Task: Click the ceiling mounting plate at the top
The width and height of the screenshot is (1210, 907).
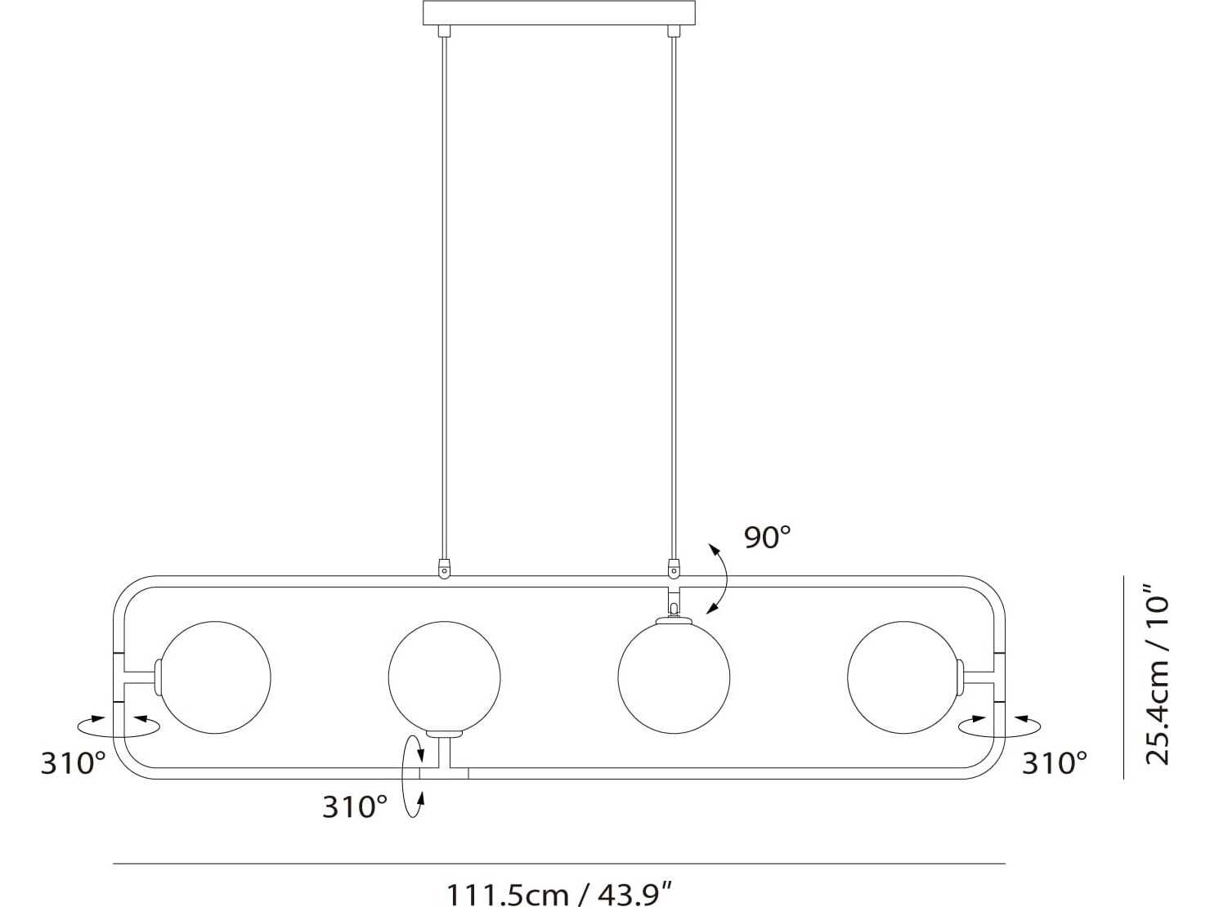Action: point(558,13)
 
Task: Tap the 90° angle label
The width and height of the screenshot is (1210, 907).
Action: point(768,538)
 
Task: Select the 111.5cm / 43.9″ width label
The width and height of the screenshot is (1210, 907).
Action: point(559,895)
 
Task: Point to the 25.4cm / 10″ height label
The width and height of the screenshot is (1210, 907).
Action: point(1157,674)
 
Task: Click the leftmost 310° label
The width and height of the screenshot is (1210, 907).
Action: point(74,764)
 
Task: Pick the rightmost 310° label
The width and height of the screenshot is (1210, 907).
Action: point(1055,764)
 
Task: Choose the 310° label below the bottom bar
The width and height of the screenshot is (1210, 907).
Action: point(355,807)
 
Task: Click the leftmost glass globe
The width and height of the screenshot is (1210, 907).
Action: point(215,677)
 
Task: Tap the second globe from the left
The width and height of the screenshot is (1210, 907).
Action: point(444,677)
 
